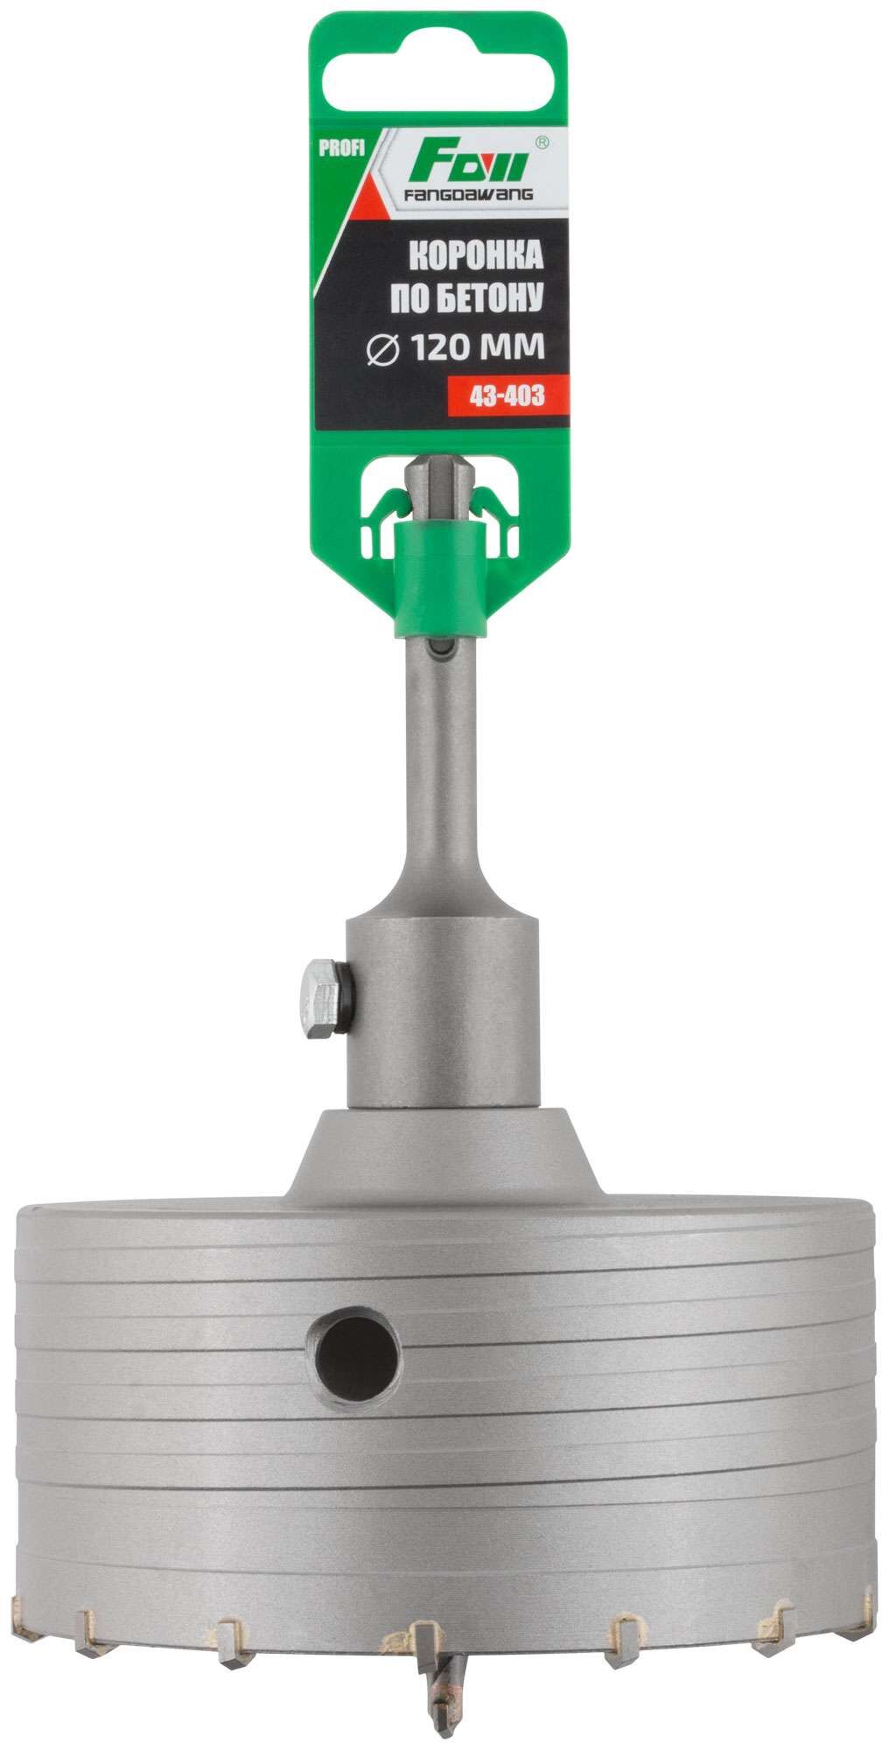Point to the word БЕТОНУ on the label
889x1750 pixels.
(499, 300)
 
